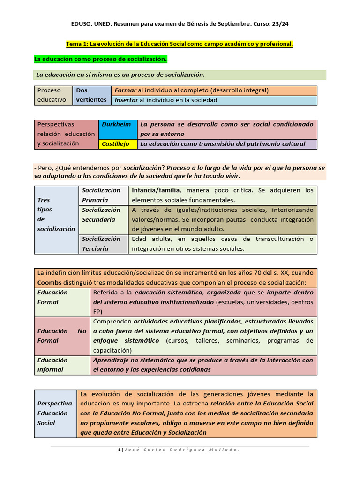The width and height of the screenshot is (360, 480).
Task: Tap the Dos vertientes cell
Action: (x=91, y=95)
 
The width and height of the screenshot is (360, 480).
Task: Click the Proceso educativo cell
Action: (x=53, y=95)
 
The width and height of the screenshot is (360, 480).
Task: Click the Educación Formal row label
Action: (x=62, y=297)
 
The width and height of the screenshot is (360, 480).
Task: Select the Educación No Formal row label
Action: (x=62, y=336)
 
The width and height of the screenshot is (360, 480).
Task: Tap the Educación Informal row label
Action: (x=62, y=365)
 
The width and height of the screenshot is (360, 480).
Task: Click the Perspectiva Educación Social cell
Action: (x=55, y=413)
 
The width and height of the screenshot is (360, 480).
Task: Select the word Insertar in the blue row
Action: (x=127, y=100)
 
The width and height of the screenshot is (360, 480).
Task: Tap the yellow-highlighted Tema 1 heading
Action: (x=180, y=44)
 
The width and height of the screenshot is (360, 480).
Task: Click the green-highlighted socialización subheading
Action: (x=100, y=60)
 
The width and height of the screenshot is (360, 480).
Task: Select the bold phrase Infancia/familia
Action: (x=157, y=190)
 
